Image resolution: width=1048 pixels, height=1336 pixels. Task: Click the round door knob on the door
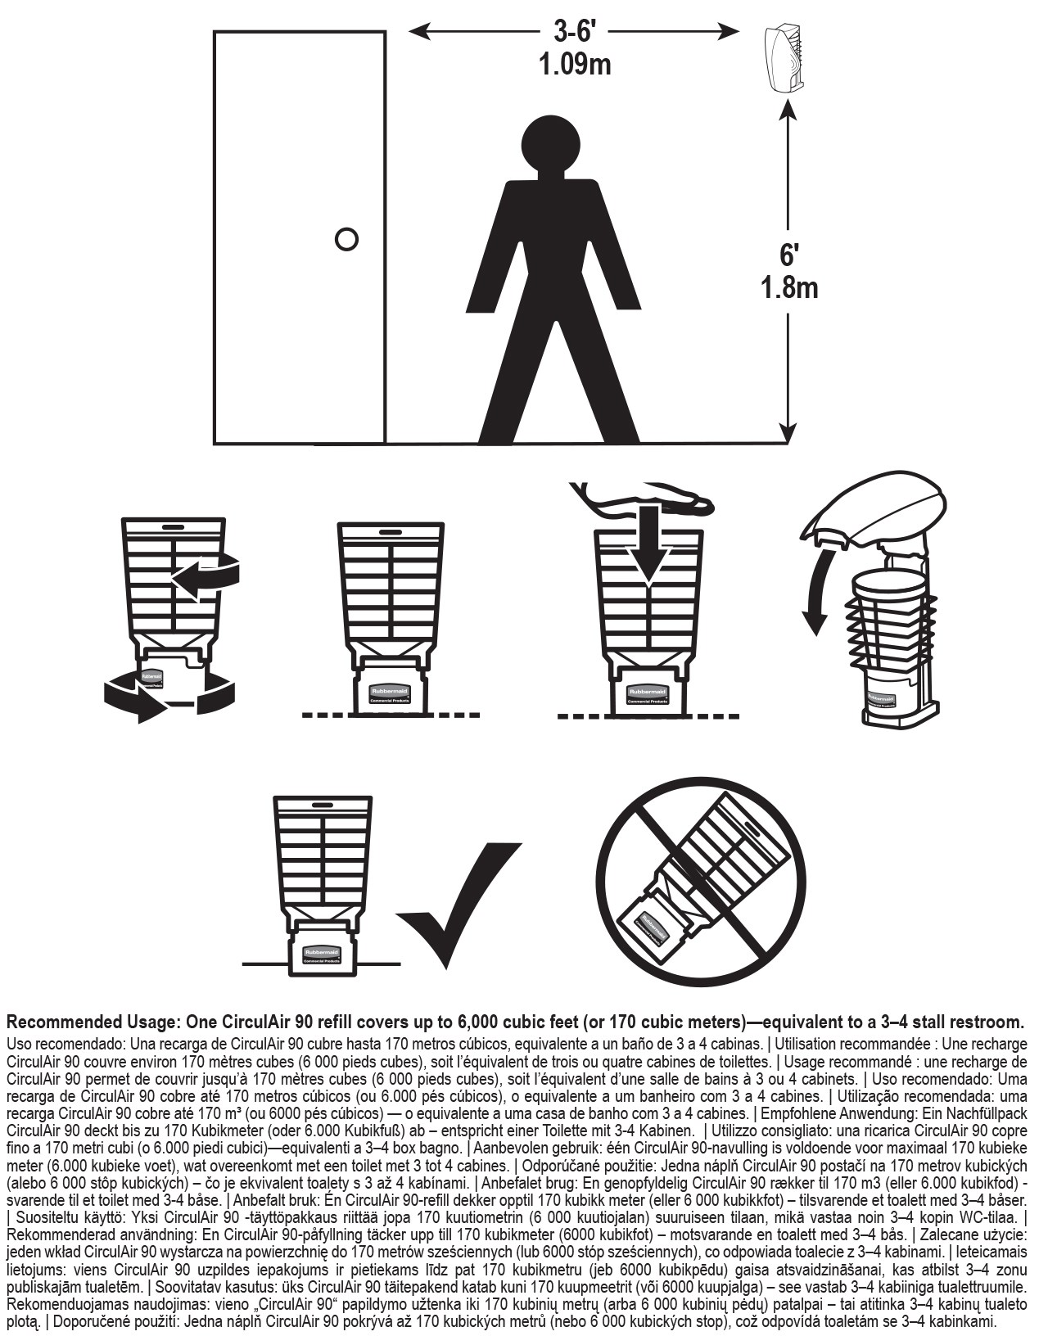tap(346, 239)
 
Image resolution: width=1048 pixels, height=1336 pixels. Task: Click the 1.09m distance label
tap(575, 64)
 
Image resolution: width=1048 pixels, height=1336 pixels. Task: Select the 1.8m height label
tap(788, 287)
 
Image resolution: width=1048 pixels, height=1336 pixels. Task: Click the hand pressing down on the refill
tap(647, 501)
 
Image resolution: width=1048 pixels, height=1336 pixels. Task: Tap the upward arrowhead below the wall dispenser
tap(787, 124)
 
